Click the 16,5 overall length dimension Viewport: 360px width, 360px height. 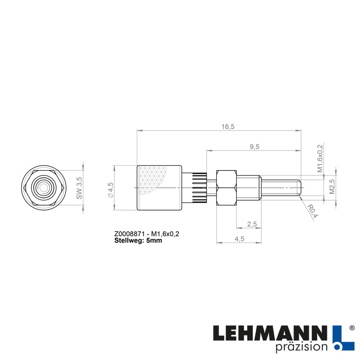click(x=228, y=127)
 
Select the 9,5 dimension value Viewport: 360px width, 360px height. click(x=254, y=147)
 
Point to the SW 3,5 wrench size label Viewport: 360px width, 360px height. click(x=79, y=188)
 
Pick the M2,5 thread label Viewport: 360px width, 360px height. click(x=332, y=187)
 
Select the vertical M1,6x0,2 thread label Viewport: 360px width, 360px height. click(x=320, y=158)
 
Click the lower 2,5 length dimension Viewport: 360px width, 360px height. click(x=252, y=224)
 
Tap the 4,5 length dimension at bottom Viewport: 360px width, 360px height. click(x=239, y=239)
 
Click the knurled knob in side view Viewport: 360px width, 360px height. click(x=159, y=188)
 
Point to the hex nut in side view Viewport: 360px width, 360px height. click(x=226, y=187)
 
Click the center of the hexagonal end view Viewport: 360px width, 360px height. click(x=44, y=188)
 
